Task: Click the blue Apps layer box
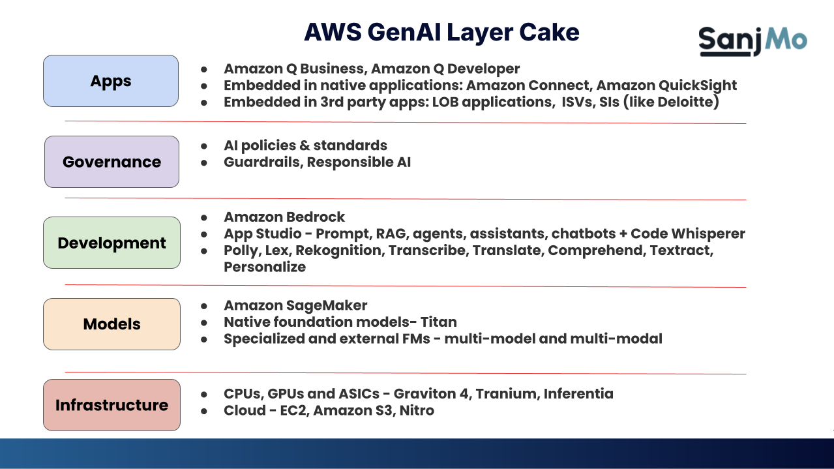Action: pyautogui.click(x=111, y=81)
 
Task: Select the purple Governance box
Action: pyautogui.click(x=112, y=162)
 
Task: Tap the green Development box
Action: pyautogui.click(x=112, y=243)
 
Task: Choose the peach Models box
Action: pyautogui.click(x=112, y=324)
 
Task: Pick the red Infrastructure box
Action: pyautogui.click(x=112, y=405)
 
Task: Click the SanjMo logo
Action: pyautogui.click(x=752, y=40)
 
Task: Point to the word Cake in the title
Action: pyautogui.click(x=549, y=32)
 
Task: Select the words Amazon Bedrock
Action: pyautogui.click(x=284, y=217)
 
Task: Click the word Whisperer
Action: pyautogui.click(x=710, y=234)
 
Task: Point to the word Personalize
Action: pyautogui.click(x=265, y=267)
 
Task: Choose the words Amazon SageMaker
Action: pyautogui.click(x=295, y=305)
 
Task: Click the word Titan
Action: pyautogui.click(x=438, y=322)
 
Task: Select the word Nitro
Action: pyautogui.click(x=417, y=410)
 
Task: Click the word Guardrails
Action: pyautogui.click(x=261, y=162)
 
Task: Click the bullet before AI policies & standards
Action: pyautogui.click(x=204, y=145)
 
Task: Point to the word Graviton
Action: pyautogui.click(x=428, y=393)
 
